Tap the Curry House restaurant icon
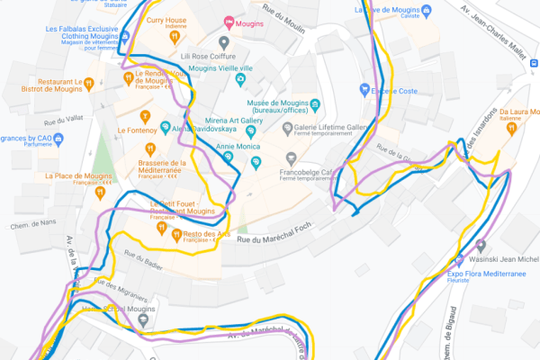click(x=171, y=37)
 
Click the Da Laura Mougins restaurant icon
click(x=511, y=128)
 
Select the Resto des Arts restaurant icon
click(x=176, y=235)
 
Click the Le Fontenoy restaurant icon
click(x=144, y=116)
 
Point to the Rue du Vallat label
click(x=61, y=120)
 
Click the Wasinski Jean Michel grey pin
click(x=482, y=245)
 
